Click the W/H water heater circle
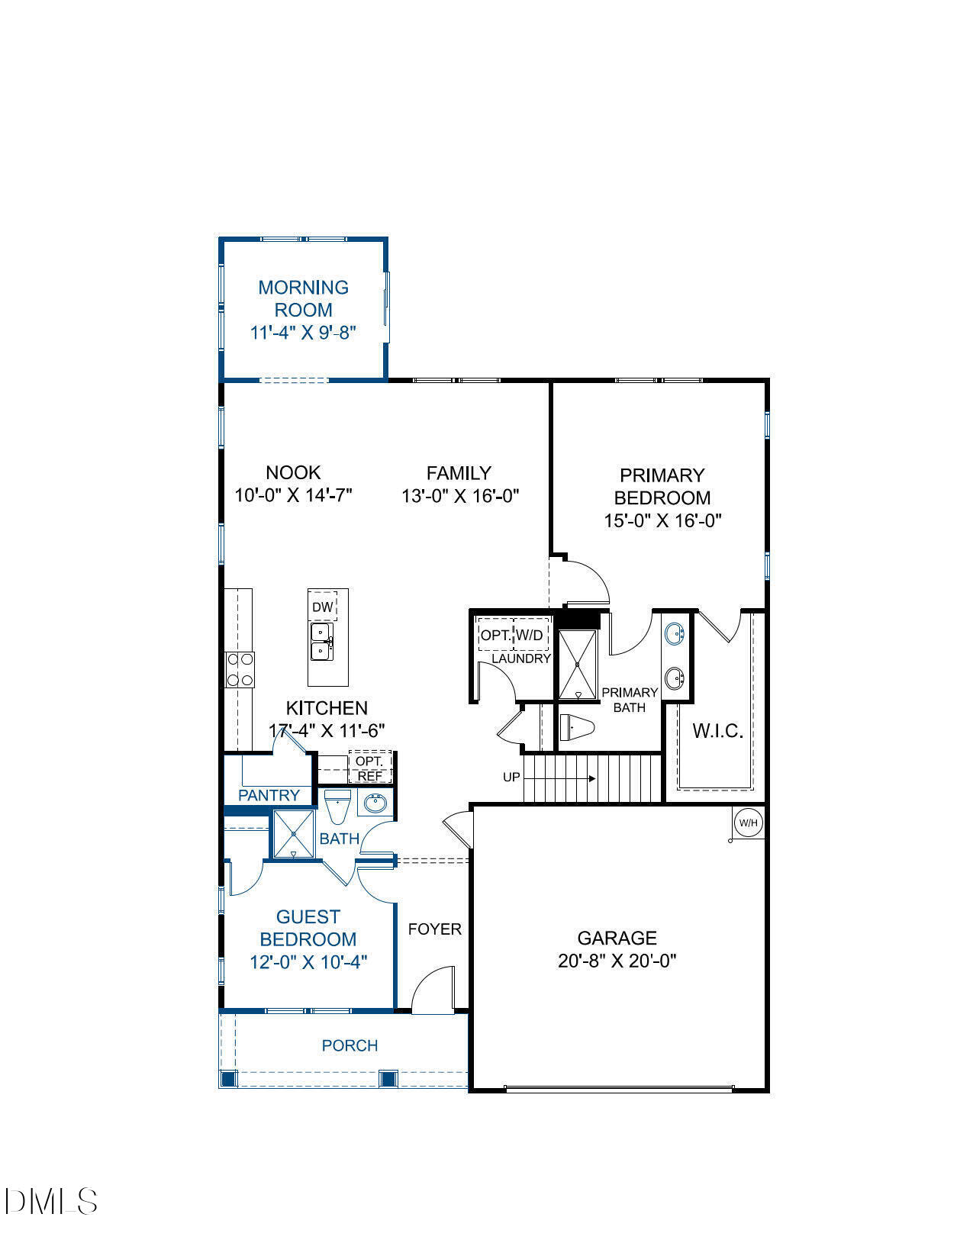747,823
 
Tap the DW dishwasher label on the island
323,607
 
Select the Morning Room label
303,298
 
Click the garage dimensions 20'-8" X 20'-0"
617,960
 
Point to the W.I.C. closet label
717,731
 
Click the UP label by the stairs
511,778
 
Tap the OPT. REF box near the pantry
370,768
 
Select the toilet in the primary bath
576,727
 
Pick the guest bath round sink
374,803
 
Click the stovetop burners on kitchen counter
240,671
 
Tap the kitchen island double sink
321,642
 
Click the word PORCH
350,1045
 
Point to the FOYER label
434,929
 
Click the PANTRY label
269,795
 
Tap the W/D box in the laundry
530,635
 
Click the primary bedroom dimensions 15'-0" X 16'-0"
662,520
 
